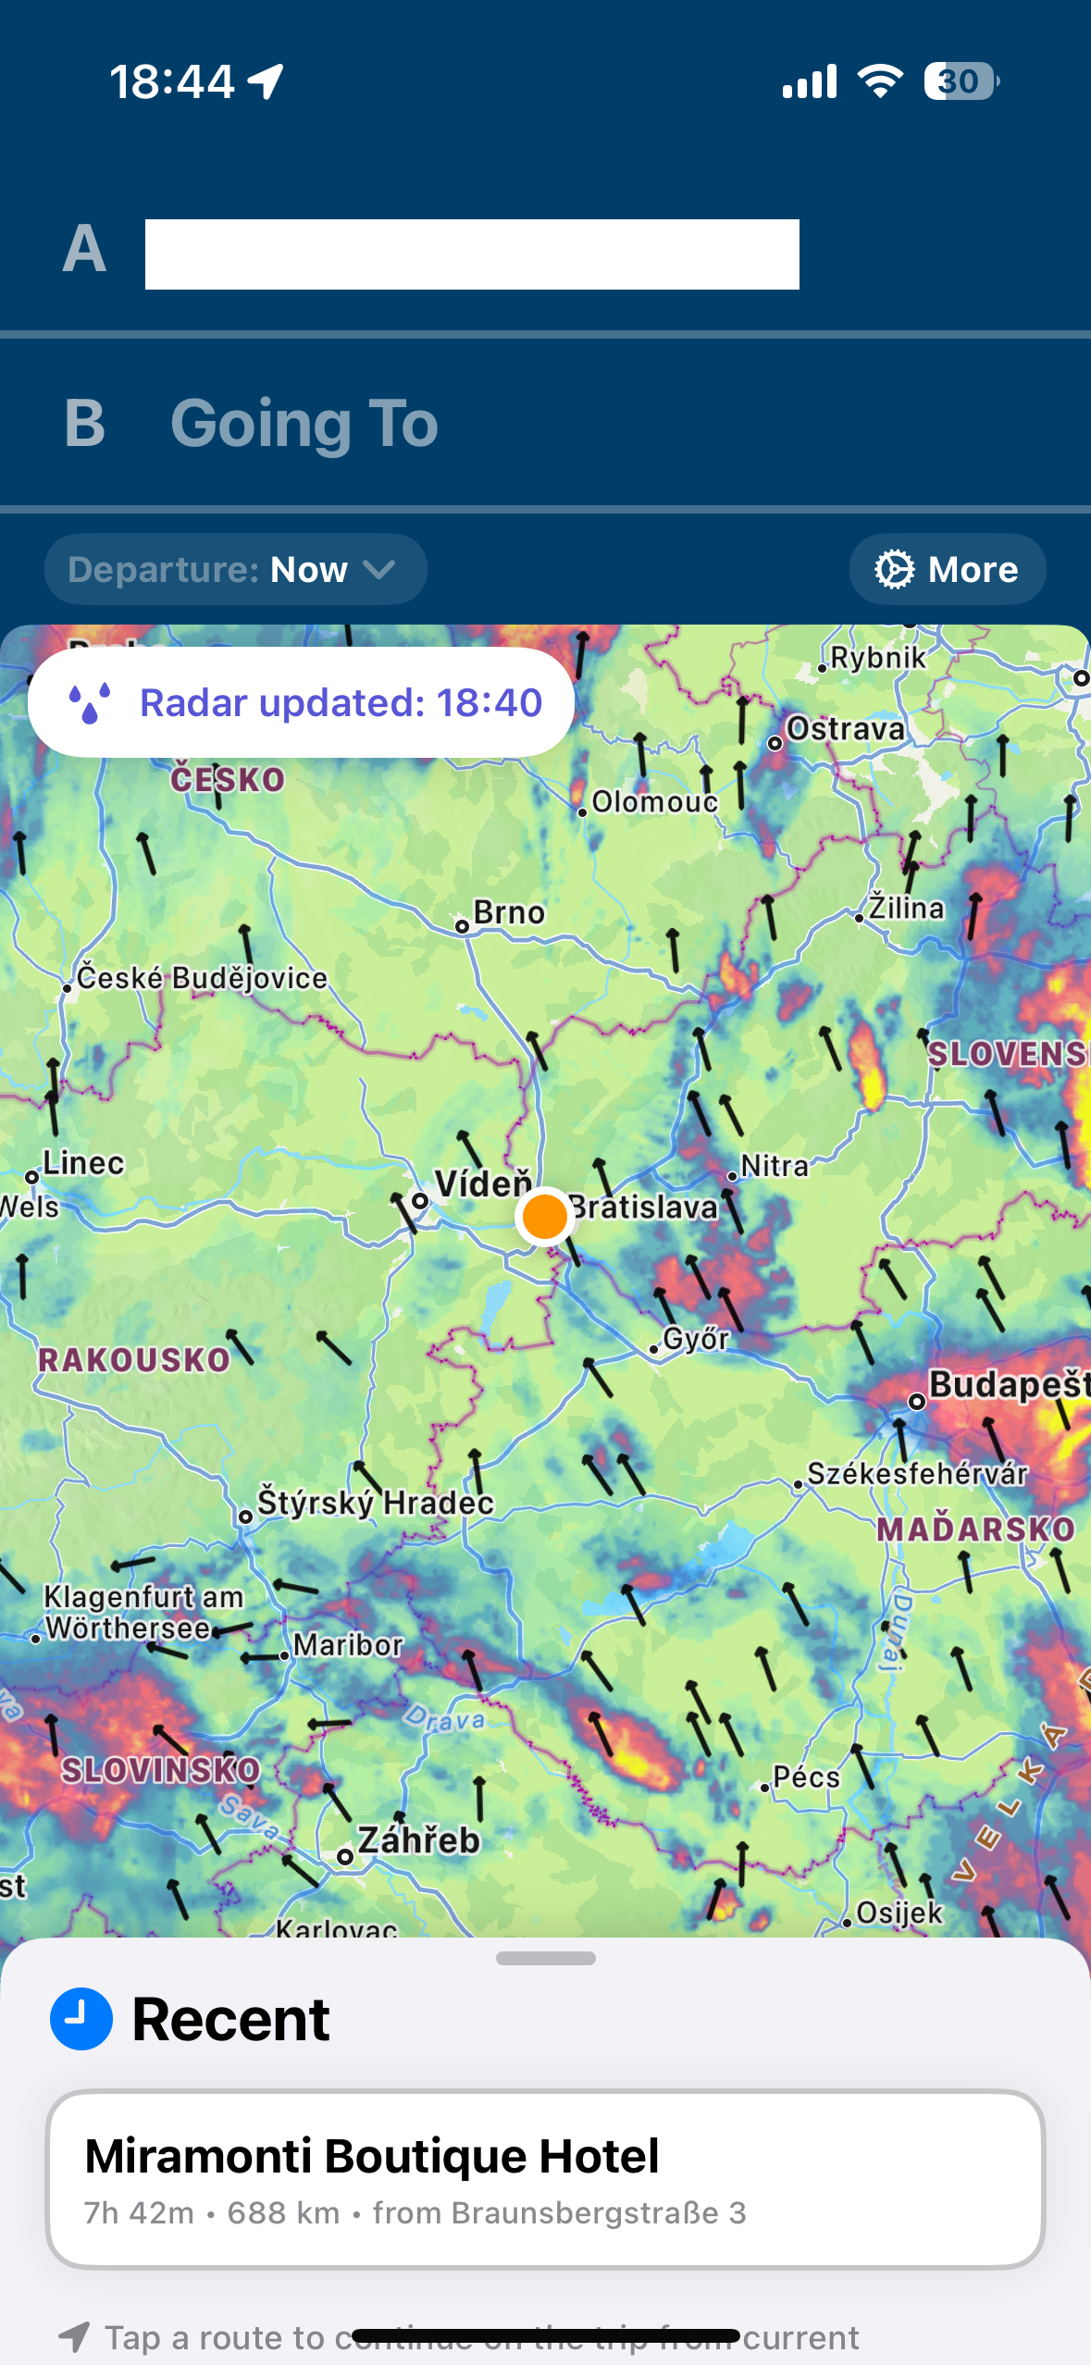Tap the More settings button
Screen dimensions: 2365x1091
point(947,569)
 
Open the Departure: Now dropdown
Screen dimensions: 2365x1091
point(235,569)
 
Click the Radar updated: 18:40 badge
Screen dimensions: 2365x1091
point(301,702)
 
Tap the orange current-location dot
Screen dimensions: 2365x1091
point(544,1216)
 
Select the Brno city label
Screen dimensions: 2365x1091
point(508,913)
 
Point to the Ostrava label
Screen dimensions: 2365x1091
point(845,729)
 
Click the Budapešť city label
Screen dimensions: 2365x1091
point(1008,1385)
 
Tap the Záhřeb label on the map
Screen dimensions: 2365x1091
point(418,1839)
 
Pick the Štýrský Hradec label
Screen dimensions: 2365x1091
point(375,1502)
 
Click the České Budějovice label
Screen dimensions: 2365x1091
point(201,978)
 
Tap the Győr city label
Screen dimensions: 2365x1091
point(696,1339)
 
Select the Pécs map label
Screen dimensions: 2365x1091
point(806,1777)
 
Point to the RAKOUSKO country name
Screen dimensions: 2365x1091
point(134,1359)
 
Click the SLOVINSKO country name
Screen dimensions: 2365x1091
point(161,1770)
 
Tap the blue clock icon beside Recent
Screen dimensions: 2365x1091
point(81,2019)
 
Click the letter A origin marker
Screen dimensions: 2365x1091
point(84,249)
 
